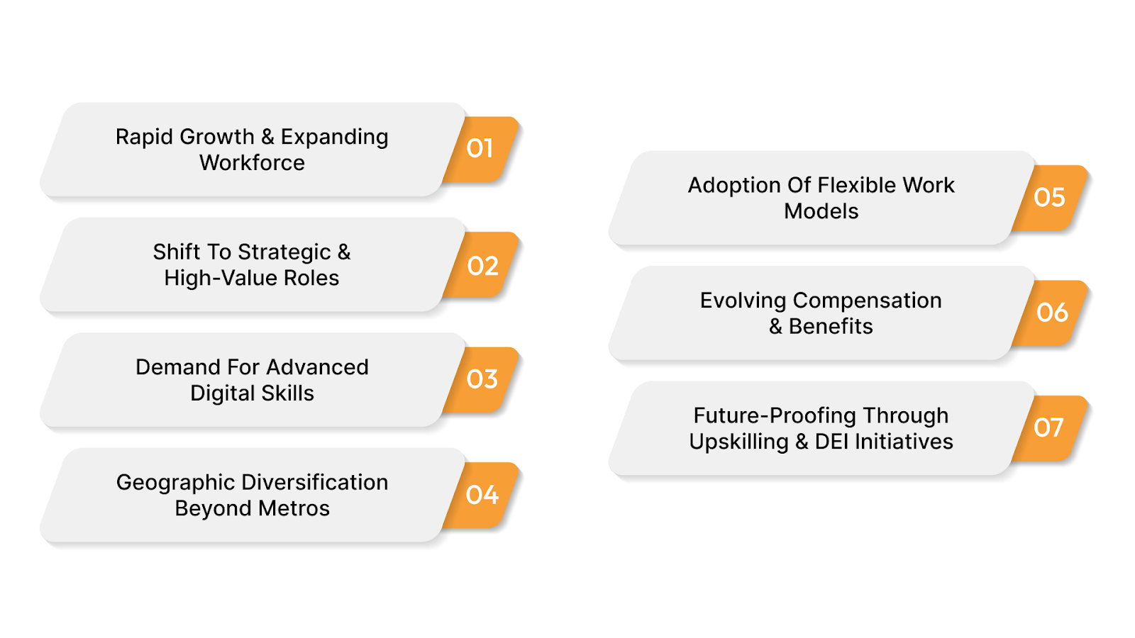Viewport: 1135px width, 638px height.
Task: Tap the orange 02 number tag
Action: point(483,266)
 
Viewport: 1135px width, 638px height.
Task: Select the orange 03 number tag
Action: point(482,379)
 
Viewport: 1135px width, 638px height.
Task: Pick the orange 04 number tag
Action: point(482,495)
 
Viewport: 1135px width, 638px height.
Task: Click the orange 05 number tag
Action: point(1050,197)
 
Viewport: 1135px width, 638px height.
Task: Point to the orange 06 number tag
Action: point(1051,313)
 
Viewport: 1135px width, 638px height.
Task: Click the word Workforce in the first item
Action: point(252,163)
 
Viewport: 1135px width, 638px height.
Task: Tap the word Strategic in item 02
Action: point(284,252)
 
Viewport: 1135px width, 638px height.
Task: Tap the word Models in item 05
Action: point(821,211)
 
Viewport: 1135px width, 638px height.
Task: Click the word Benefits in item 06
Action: point(831,327)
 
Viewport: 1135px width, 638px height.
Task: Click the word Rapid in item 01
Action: point(145,137)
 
